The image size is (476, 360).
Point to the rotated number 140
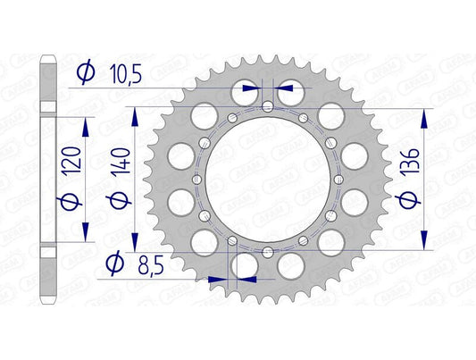pyautogui.click(x=133, y=161)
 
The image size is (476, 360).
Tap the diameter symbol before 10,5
pyautogui.click(x=87, y=75)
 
